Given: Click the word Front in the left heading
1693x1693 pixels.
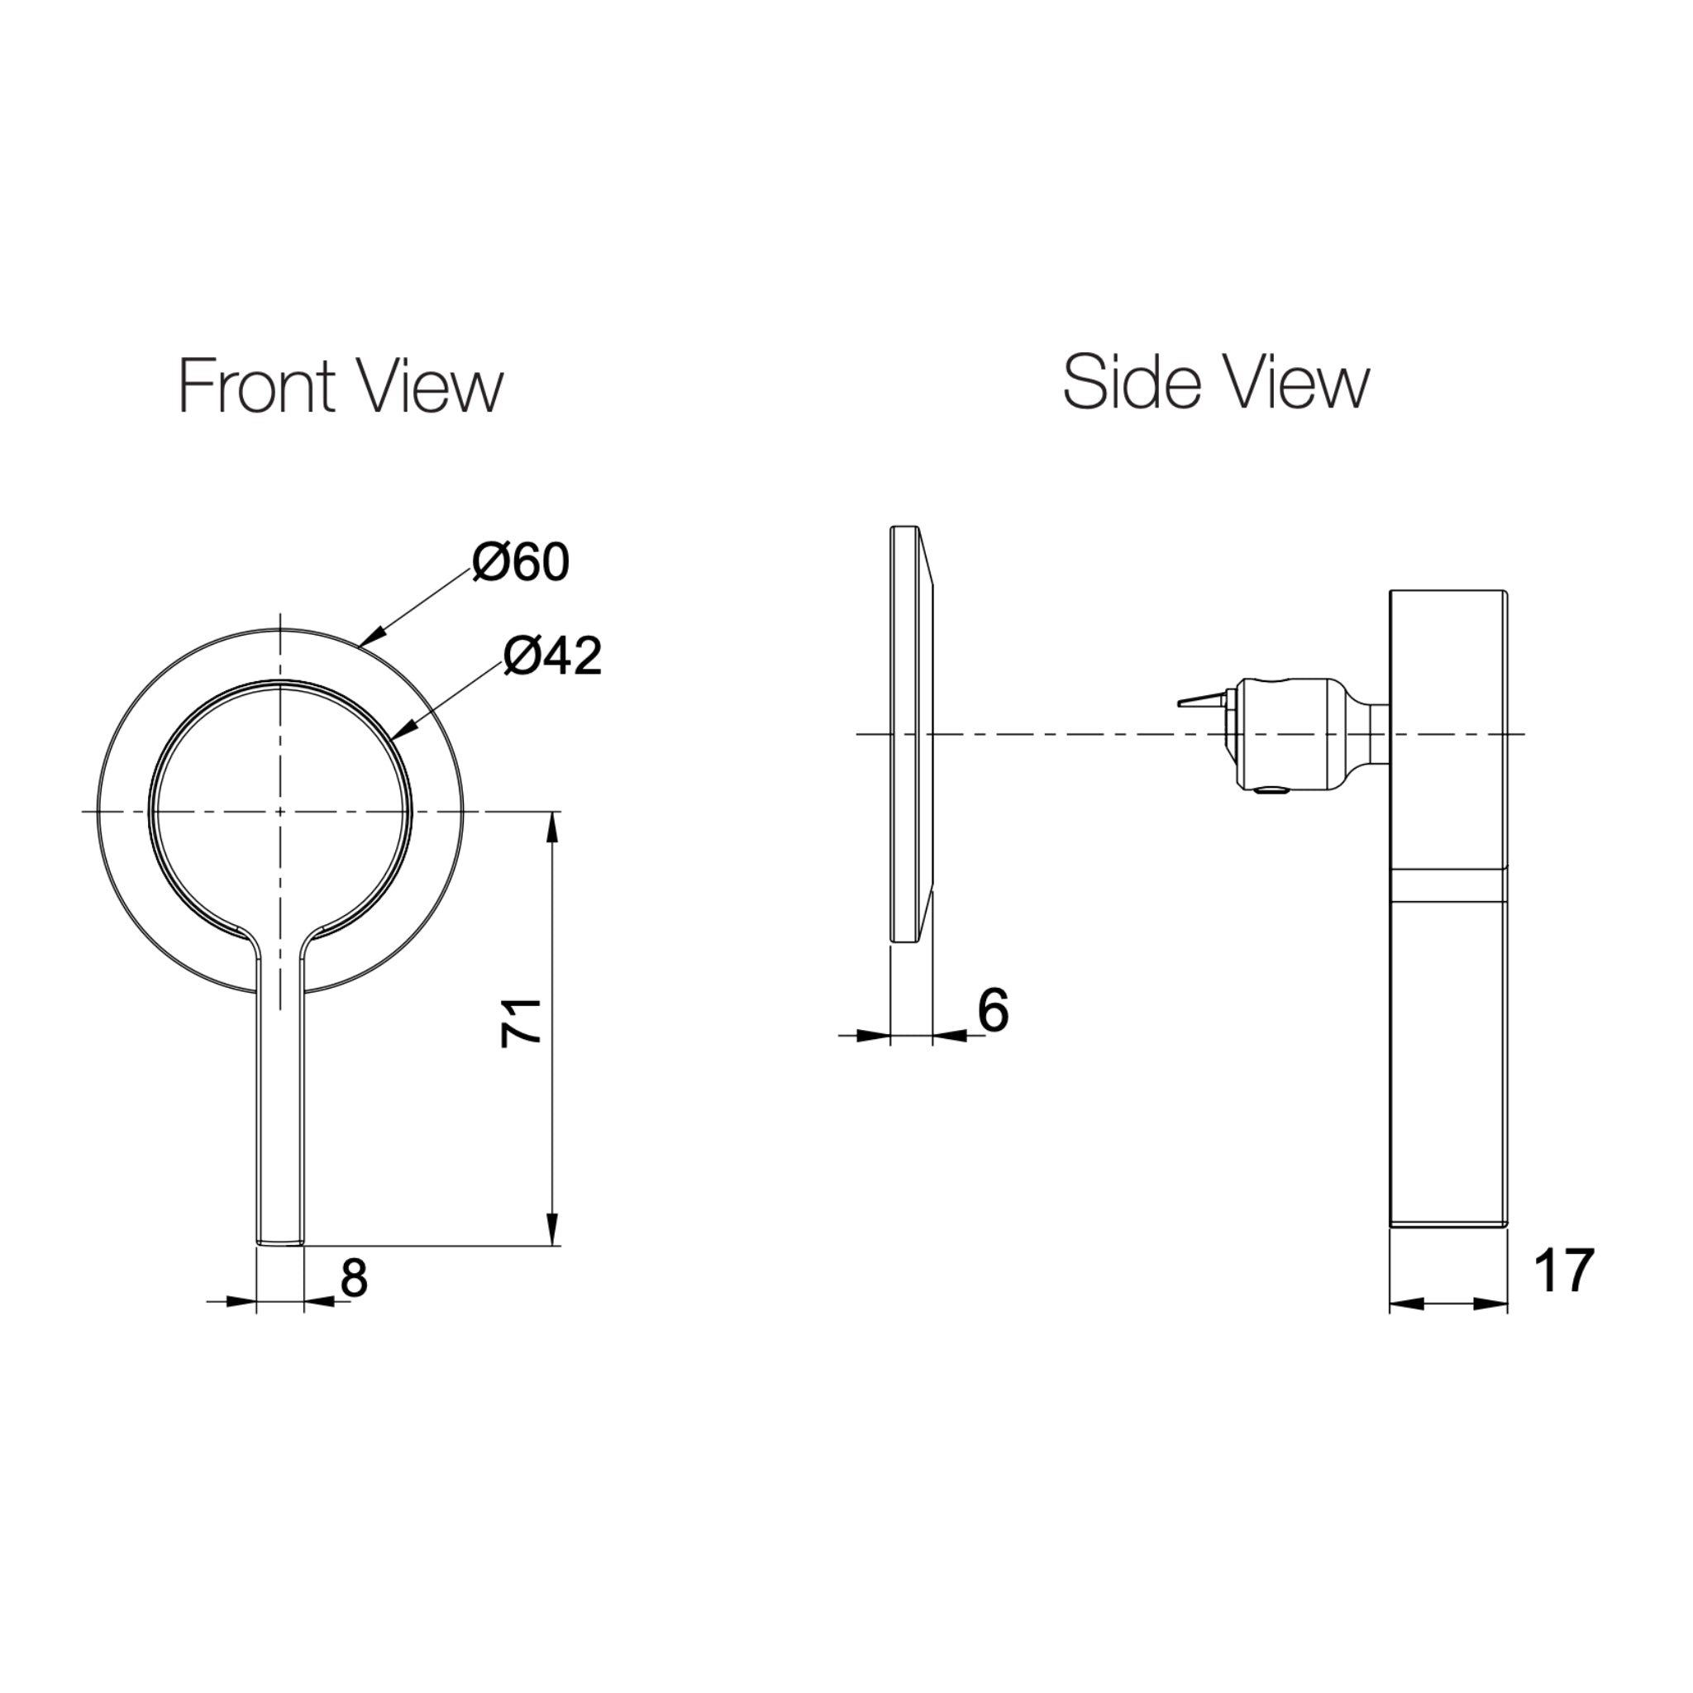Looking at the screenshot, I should (257, 385).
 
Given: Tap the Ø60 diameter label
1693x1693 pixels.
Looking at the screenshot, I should (521, 563).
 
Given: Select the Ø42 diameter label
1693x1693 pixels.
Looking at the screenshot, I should (553, 656).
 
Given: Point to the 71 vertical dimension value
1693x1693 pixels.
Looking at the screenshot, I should (521, 1023).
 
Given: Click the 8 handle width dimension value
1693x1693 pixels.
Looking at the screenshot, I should (353, 1279).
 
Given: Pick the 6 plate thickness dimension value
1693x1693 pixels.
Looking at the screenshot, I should (993, 1010).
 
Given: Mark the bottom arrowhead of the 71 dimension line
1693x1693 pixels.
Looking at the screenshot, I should (552, 1230).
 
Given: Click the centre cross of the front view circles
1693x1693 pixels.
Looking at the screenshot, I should (280, 812).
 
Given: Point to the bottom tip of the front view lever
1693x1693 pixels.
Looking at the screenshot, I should (280, 1242).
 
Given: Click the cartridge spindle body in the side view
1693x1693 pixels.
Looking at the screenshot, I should (1288, 733).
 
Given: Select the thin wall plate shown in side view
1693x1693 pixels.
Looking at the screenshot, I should (911, 734).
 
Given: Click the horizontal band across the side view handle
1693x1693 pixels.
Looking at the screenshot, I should (1448, 885).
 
